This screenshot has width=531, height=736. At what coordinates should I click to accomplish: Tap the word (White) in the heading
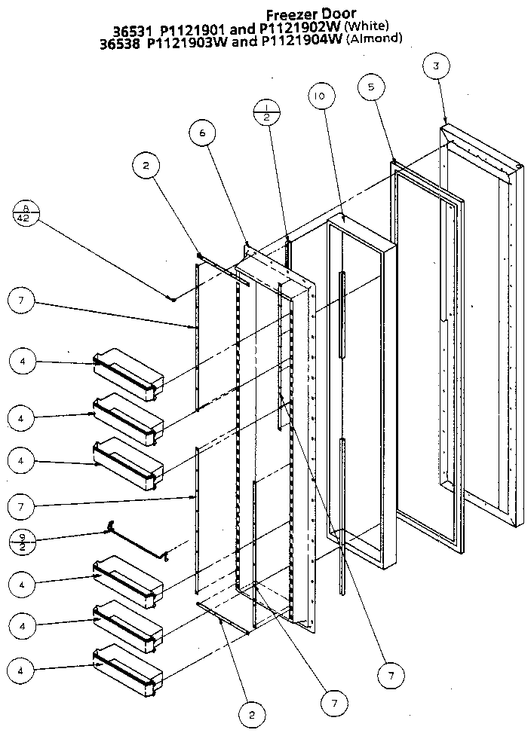(x=366, y=26)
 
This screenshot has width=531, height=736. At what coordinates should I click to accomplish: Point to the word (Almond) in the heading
(x=374, y=39)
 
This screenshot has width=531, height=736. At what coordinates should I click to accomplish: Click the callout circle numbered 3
(x=435, y=66)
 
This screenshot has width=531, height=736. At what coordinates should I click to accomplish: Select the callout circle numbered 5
(x=370, y=87)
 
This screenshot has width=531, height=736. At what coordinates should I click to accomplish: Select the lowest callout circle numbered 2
(x=253, y=712)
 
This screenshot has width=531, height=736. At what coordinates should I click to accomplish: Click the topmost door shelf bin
(x=127, y=372)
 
